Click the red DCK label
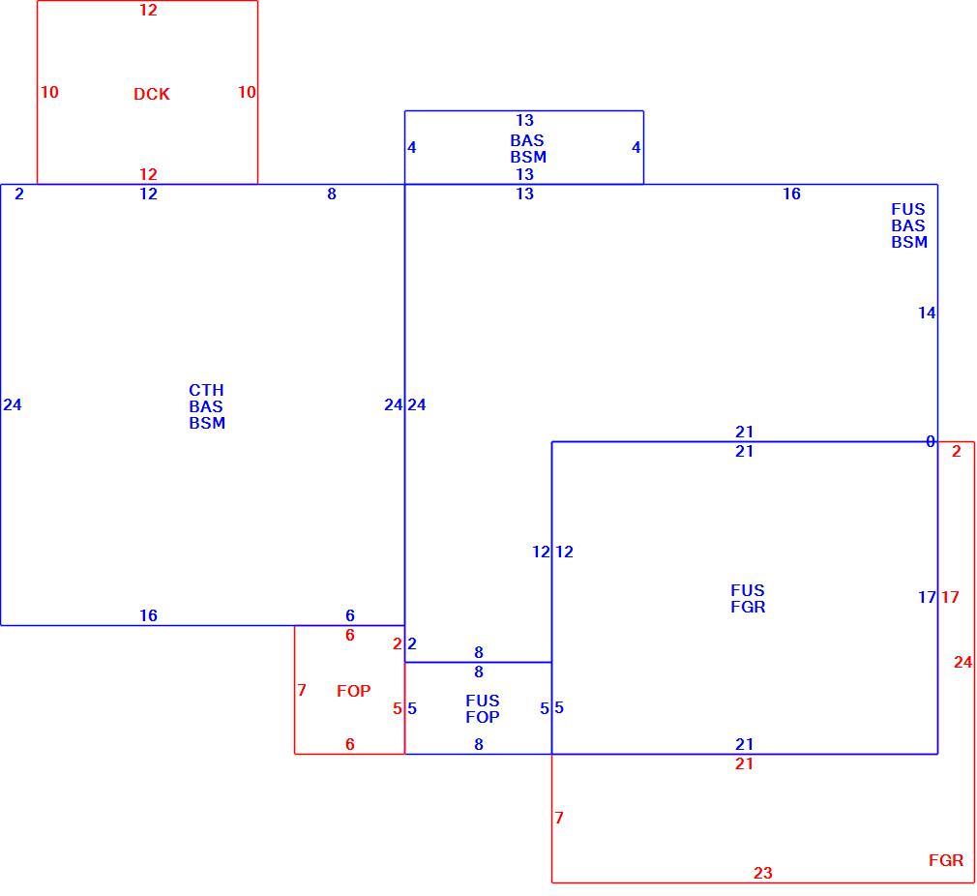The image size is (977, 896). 152,94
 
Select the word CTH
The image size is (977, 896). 206,390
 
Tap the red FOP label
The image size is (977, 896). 353,691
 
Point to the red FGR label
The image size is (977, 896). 946,860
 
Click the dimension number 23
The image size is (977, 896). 762,873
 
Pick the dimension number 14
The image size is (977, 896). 927,313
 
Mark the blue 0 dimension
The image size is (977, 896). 931,442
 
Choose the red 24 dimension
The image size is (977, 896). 962,662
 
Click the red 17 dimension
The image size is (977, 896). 950,597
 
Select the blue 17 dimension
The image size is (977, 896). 927,597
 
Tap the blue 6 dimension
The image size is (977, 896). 350,615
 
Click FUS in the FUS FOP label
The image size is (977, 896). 483,701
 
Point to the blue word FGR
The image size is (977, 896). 748,607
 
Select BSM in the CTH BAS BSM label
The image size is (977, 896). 207,423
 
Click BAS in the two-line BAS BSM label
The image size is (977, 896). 527,140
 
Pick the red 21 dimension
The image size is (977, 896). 744,763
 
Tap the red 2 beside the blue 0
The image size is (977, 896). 957,451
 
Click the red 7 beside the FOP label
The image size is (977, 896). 302,690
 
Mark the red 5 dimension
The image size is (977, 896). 397,708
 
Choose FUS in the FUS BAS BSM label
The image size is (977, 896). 908,209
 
